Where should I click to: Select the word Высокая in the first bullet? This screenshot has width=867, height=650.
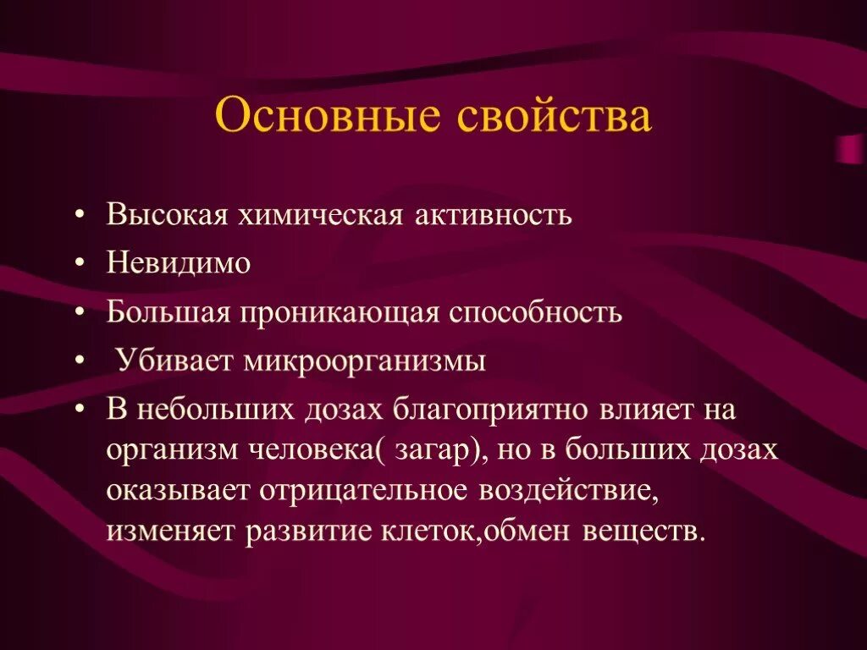[168, 215]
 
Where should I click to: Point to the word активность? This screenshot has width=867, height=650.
[494, 215]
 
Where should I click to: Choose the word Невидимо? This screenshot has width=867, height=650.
[179, 263]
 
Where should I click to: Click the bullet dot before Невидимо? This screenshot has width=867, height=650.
[79, 264]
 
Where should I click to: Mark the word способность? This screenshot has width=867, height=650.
[536, 312]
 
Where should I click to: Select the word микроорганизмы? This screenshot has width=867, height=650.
[365, 361]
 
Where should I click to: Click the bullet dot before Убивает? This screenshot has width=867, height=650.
[79, 362]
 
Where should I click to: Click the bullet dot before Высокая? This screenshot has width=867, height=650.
[79, 216]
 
